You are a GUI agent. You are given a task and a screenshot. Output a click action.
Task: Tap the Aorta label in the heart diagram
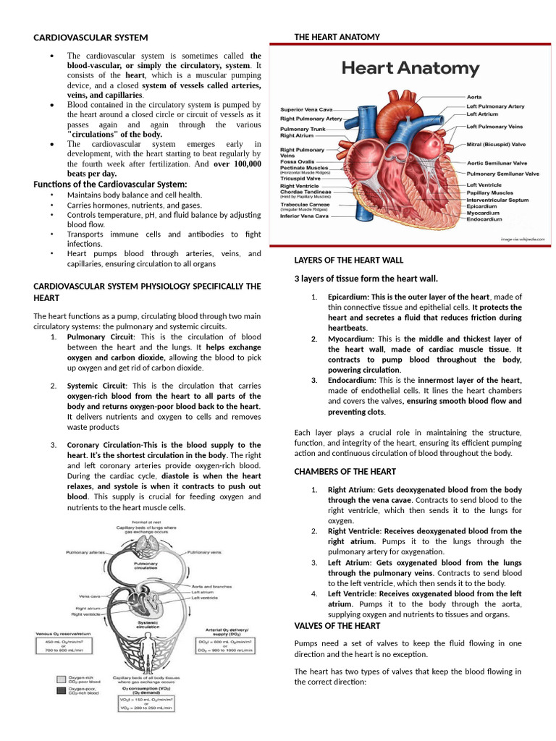click(474, 96)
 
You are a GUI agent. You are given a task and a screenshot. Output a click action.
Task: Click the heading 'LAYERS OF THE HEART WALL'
click(349, 260)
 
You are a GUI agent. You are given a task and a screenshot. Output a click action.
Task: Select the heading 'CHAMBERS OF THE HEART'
click(345, 472)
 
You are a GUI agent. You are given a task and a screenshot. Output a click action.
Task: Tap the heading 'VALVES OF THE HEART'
click(337, 625)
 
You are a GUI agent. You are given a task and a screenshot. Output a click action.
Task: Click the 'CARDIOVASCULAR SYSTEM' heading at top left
click(90, 37)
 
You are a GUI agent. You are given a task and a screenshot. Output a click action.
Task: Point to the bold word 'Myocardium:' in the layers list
click(351, 339)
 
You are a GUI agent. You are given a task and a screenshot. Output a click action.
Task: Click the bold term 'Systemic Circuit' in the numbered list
click(96, 386)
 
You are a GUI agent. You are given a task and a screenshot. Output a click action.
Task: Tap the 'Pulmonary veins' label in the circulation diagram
click(203, 553)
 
